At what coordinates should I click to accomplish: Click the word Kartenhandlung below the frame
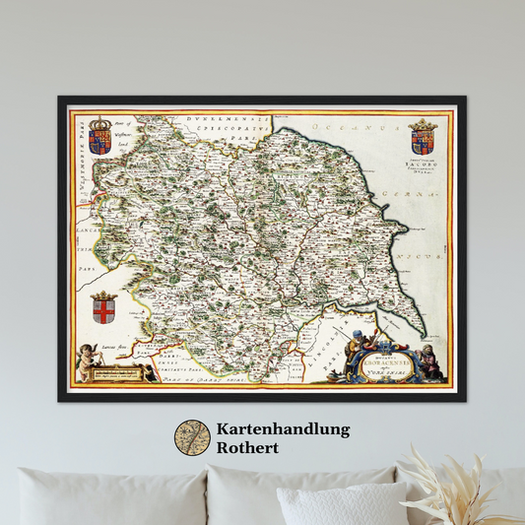pos(281,429)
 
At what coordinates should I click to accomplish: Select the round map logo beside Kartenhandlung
pos(192,438)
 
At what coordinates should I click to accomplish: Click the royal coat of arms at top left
pos(100,136)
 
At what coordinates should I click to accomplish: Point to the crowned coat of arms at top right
pos(423,136)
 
